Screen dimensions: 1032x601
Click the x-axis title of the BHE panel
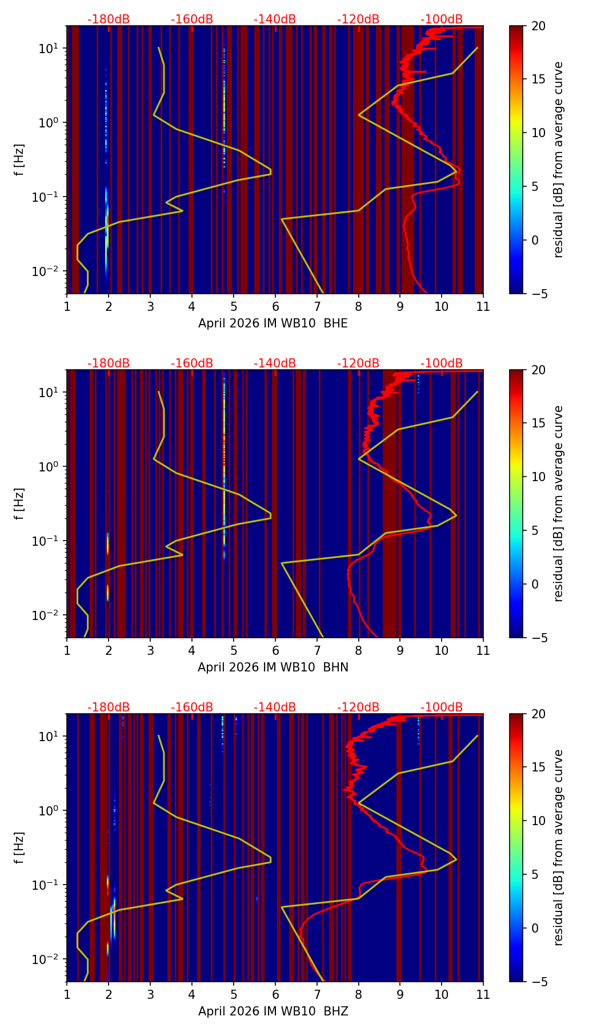tap(273, 323)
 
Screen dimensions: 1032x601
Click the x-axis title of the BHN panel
tap(273, 667)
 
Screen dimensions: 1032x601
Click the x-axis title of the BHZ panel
tap(273, 1011)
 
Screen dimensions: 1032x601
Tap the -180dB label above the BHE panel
tap(109, 19)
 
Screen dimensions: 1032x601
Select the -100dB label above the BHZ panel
tap(442, 707)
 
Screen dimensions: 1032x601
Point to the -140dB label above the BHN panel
tap(275, 363)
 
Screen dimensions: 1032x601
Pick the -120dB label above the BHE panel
tap(358, 19)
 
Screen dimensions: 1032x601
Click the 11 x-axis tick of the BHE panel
tap(483, 306)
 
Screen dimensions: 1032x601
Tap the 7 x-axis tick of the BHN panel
tap(316, 650)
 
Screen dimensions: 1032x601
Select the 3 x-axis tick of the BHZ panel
tap(150, 994)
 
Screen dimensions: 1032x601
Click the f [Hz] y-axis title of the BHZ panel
tap(19, 847)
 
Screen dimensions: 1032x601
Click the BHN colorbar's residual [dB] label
tap(559, 503)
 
